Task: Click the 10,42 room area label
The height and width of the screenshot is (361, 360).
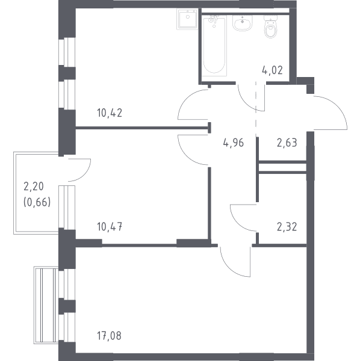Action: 110,113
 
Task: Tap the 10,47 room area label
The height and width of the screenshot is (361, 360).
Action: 110,227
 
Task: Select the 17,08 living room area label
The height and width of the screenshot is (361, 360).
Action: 109,336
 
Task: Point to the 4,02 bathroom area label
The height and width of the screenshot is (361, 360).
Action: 272,70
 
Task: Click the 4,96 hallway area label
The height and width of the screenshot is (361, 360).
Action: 234,143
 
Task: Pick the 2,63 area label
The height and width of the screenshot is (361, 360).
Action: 287,143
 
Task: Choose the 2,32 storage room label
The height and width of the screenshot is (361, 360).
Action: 287,227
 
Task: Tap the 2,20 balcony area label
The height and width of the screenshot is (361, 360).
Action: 34,187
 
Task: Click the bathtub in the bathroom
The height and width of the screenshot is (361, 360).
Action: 214,46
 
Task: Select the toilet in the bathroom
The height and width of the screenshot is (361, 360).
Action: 271,27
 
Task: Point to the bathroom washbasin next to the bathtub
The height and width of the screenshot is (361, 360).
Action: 242,23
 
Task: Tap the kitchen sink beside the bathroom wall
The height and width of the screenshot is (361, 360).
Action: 187,19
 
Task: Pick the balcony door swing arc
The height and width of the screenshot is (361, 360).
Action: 86,174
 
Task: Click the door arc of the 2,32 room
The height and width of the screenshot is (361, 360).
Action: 235,222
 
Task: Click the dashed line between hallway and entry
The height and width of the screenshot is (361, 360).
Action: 256,108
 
